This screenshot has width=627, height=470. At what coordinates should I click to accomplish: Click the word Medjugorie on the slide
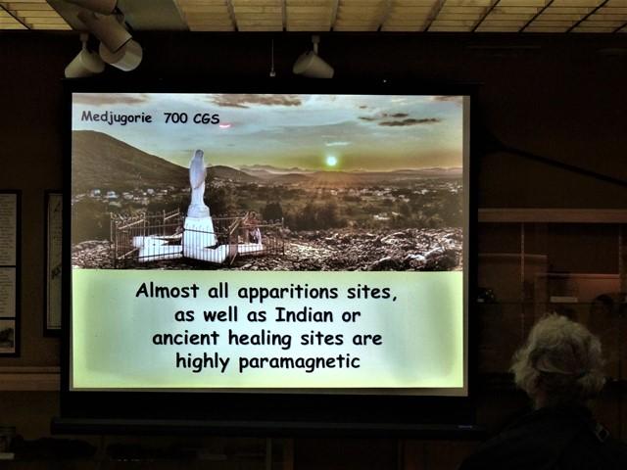pyautogui.click(x=117, y=117)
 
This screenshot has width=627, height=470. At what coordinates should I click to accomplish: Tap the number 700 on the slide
pyautogui.click(x=175, y=118)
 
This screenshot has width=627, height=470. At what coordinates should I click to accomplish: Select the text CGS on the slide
pyautogui.click(x=206, y=118)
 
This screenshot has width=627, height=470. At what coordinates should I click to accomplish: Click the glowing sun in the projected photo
pyautogui.click(x=331, y=161)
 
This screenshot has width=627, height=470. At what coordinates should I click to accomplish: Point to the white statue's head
pyautogui.click(x=198, y=156)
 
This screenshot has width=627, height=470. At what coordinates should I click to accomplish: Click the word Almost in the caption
pyautogui.click(x=168, y=291)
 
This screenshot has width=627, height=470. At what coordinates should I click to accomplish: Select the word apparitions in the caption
pyautogui.click(x=288, y=293)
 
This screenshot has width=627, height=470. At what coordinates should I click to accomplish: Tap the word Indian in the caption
pyautogui.click(x=304, y=315)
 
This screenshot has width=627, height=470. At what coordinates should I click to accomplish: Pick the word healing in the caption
pyautogui.click(x=260, y=340)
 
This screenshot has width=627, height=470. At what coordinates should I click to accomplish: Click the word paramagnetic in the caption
pyautogui.click(x=299, y=362)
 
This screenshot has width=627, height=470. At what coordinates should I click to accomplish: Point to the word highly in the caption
pyautogui.click(x=203, y=362)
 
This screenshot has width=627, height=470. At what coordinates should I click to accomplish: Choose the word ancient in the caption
pyautogui.click(x=185, y=338)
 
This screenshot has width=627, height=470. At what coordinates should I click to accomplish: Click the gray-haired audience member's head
pyautogui.click(x=558, y=355)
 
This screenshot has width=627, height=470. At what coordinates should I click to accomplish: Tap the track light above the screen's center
pyautogui.click(x=313, y=62)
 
